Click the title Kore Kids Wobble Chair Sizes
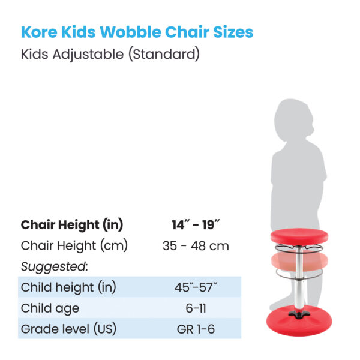pyautogui.click(x=137, y=32)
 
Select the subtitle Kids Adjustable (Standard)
pyautogui.click(x=110, y=56)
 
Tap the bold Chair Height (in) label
pyautogui.click(x=72, y=225)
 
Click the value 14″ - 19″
pyautogui.click(x=196, y=225)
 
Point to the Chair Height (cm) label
pyautogui.click(x=74, y=245)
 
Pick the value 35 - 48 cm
pyautogui.click(x=196, y=245)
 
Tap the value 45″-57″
pyautogui.click(x=196, y=287)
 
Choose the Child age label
pyautogui.click(x=50, y=308)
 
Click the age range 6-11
pyautogui.click(x=196, y=308)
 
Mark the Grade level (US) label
pyautogui.click(x=68, y=329)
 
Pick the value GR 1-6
pyautogui.click(x=196, y=329)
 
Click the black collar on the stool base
pyautogui.click(x=297, y=313)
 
